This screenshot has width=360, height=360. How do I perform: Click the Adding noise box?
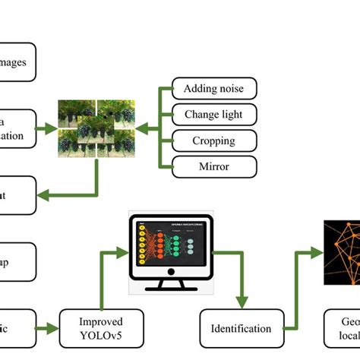[x=215, y=88]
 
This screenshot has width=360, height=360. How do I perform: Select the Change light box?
[x=215, y=114]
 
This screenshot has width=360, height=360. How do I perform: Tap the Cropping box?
[x=215, y=140]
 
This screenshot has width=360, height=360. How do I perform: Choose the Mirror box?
[x=215, y=166]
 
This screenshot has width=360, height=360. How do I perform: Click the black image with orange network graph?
[x=342, y=252]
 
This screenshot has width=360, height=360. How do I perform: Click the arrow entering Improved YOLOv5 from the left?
[x=47, y=328]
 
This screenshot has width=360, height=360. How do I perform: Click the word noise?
[x=231, y=88]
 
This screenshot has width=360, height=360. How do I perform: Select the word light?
[x=234, y=114]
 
